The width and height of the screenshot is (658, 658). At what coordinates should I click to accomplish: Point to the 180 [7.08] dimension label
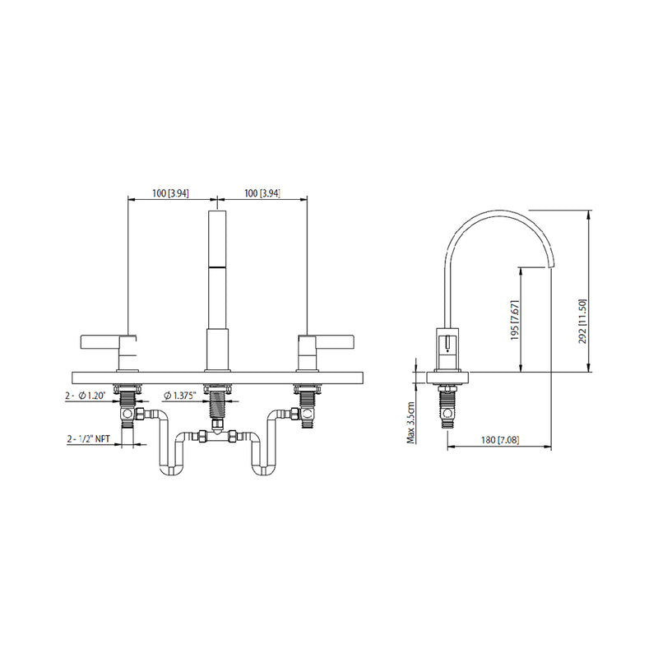(498, 441)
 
